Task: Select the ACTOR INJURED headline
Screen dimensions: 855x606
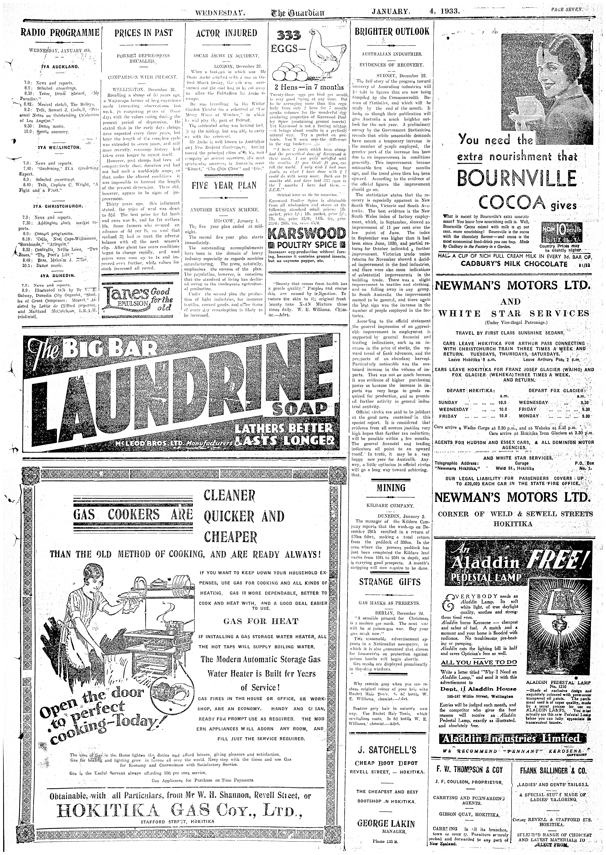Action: click(x=226, y=33)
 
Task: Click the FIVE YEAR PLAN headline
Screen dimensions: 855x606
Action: click(x=226, y=186)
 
